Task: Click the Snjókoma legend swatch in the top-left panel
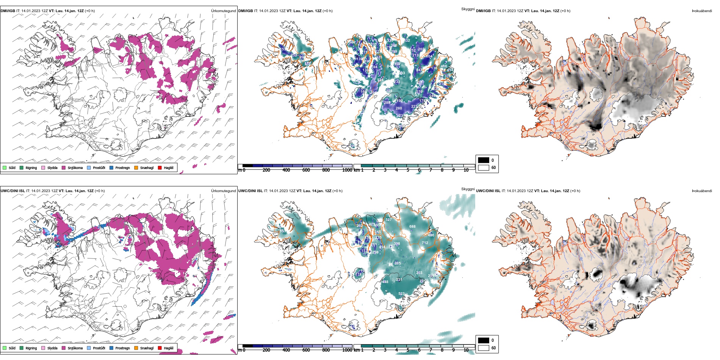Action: pyautogui.click(x=64, y=167)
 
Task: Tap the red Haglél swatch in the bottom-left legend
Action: pyautogui.click(x=160, y=348)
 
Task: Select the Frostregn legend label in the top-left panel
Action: pyautogui.click(x=122, y=168)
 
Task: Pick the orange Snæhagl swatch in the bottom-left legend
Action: pyautogui.click(x=136, y=348)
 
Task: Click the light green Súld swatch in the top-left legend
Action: pyautogui.click(x=5, y=167)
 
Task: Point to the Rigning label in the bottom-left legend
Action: pyautogui.click(x=31, y=348)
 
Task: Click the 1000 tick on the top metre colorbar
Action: pyautogui.click(x=347, y=170)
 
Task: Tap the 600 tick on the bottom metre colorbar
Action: pyautogui.click(x=306, y=350)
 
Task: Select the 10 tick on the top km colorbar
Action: pyautogui.click(x=466, y=170)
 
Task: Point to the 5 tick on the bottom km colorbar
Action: pyautogui.click(x=408, y=350)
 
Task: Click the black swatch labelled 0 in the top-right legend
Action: pyautogui.click(x=484, y=160)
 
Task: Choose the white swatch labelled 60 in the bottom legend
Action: pyautogui.click(x=484, y=348)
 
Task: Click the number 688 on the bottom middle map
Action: pyautogui.click(x=412, y=227)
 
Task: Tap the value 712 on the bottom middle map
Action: pyautogui.click(x=425, y=243)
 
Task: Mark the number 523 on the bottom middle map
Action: pyautogui.click(x=401, y=294)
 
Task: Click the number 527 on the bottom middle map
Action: pyautogui.click(x=388, y=220)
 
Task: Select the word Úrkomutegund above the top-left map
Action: pyautogui.click(x=223, y=11)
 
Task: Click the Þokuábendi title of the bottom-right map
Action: pyautogui.click(x=702, y=191)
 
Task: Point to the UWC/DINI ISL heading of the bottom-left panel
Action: pyautogui.click(x=13, y=191)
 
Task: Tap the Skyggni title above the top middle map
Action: pyautogui.click(x=468, y=9)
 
